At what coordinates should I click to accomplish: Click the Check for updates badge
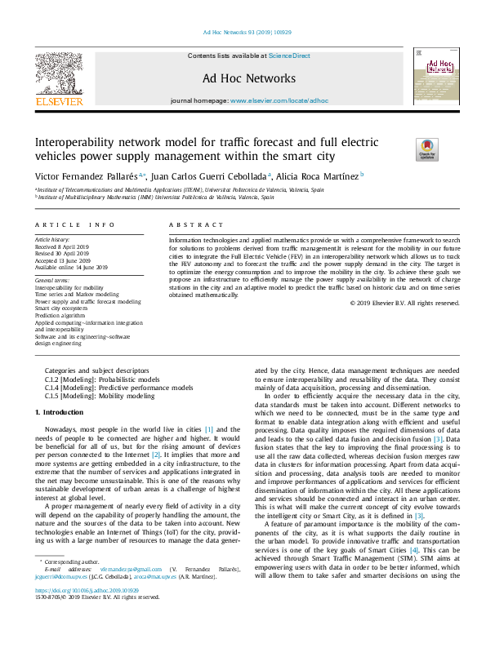click(427, 149)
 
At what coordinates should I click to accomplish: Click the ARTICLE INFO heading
click(69, 224)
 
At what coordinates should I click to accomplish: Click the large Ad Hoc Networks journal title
click(249, 78)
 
